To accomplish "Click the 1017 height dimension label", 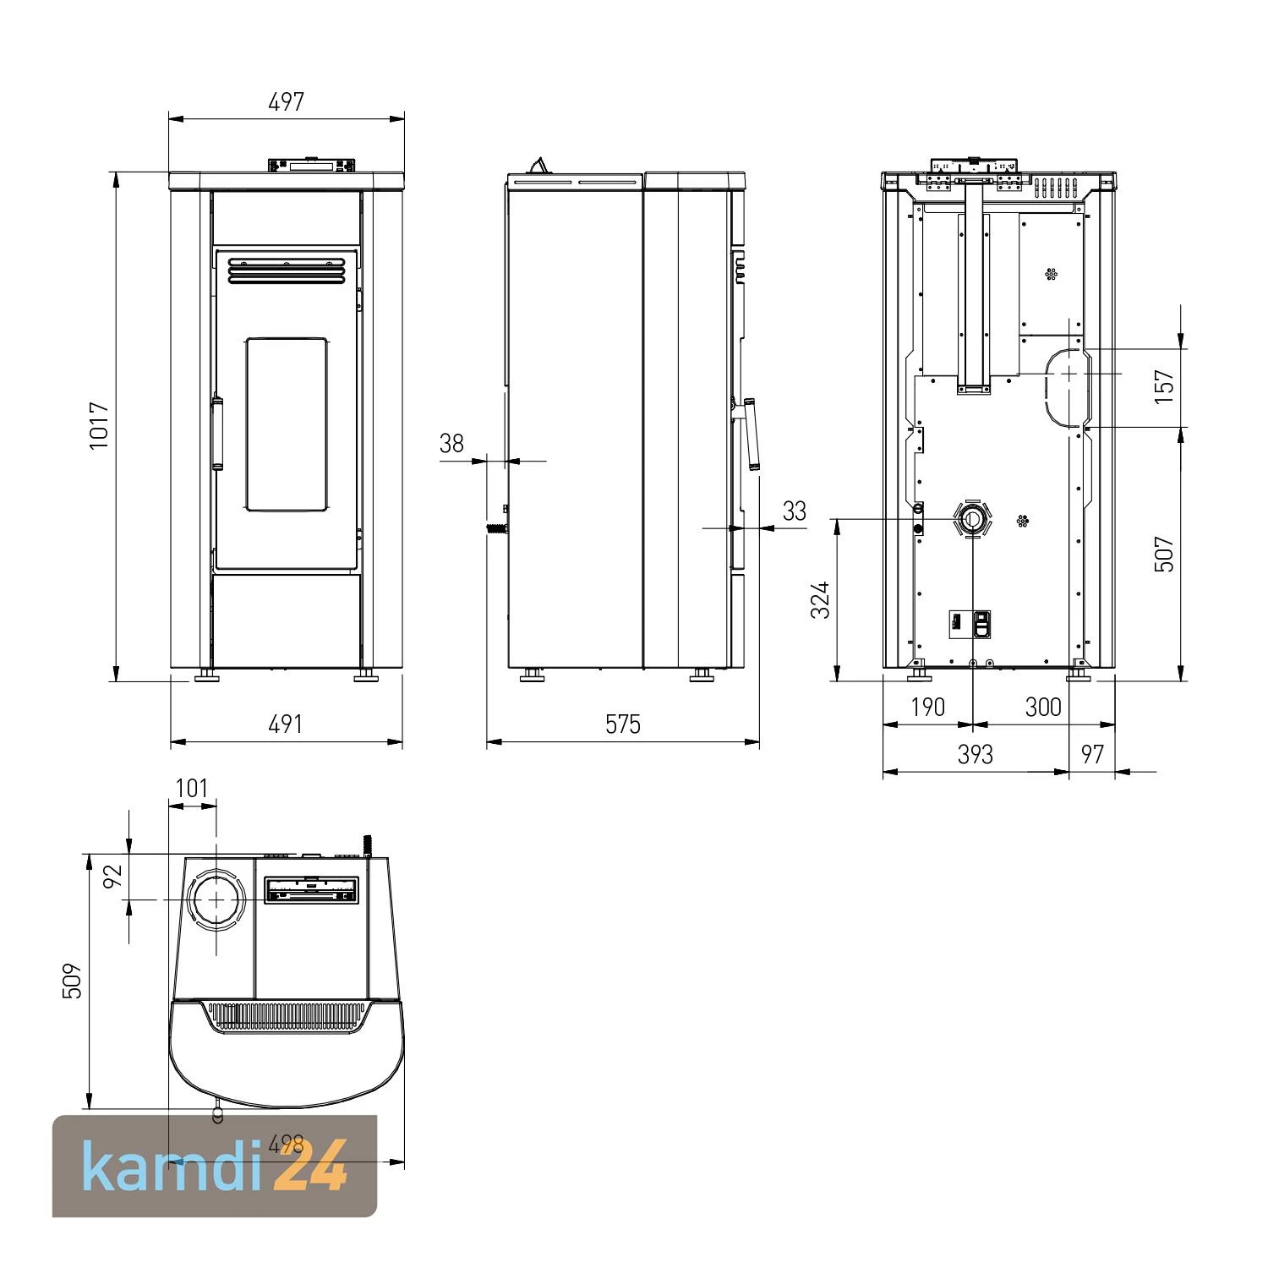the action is [99, 425].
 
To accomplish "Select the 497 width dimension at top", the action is [286, 102].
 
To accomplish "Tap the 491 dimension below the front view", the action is [285, 724].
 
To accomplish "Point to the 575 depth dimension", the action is [623, 724].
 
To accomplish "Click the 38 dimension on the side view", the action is [452, 443].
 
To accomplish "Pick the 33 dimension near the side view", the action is [795, 511].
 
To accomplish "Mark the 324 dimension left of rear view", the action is [820, 600].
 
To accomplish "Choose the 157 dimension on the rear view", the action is [1165, 386].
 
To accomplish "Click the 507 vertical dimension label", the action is [1165, 555].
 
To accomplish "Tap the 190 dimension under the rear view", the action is [928, 707].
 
